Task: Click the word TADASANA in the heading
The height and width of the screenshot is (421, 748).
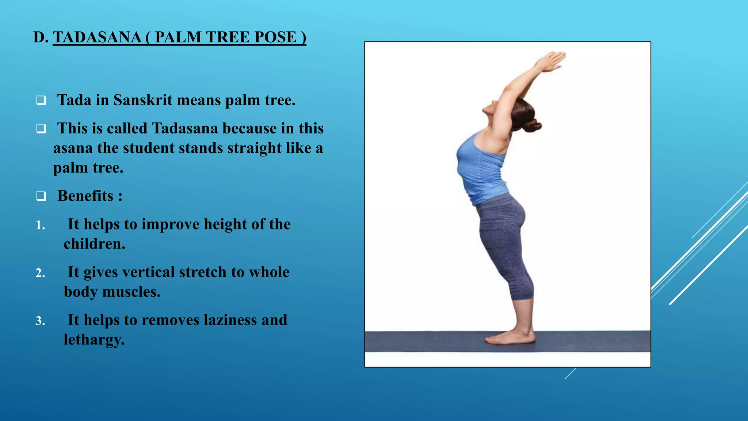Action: click(x=97, y=37)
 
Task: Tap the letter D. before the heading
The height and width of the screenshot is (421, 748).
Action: click(x=40, y=37)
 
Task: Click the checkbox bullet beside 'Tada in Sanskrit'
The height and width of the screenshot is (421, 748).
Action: click(x=41, y=100)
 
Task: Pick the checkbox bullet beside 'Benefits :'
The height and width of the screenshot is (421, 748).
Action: click(x=41, y=196)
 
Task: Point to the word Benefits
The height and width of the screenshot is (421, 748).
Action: click(x=85, y=196)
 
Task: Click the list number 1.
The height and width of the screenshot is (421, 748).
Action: click(x=40, y=225)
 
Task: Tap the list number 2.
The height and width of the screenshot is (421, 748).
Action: click(x=40, y=273)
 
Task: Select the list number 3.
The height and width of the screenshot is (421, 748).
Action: click(x=40, y=321)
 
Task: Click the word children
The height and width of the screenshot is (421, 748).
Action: click(x=94, y=244)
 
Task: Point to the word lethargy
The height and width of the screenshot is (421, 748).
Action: click(x=94, y=340)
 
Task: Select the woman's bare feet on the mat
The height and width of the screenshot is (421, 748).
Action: click(x=510, y=337)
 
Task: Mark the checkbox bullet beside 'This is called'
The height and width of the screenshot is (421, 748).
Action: click(x=41, y=129)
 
